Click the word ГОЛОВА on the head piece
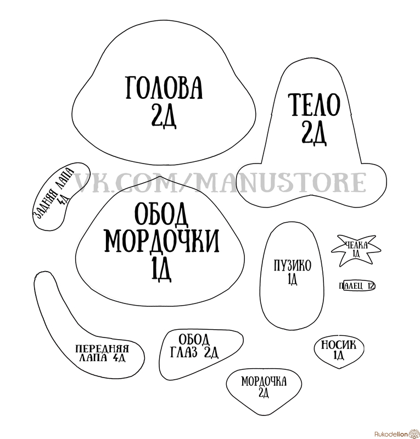pyautogui.click(x=164, y=87)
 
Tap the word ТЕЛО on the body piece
pyautogui.click(x=314, y=105)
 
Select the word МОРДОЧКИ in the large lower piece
pyautogui.click(x=162, y=241)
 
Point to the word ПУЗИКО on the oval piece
pyautogui.click(x=293, y=265)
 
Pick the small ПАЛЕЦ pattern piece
pyautogui.click(x=359, y=286)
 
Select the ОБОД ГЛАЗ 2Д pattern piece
pyautogui.click(x=201, y=354)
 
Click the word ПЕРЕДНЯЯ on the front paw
pyautogui.click(x=102, y=349)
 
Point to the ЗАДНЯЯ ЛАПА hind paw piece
pyautogui.click(x=61, y=196)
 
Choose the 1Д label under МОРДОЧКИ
pyautogui.click(x=161, y=269)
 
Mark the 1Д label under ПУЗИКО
pyautogui.click(x=292, y=279)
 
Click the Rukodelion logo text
pyautogui.click(x=390, y=434)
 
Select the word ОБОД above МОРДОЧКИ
pyautogui.click(x=161, y=215)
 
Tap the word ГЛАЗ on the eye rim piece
pyautogui.click(x=184, y=353)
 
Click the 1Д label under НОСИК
pyautogui.click(x=338, y=355)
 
